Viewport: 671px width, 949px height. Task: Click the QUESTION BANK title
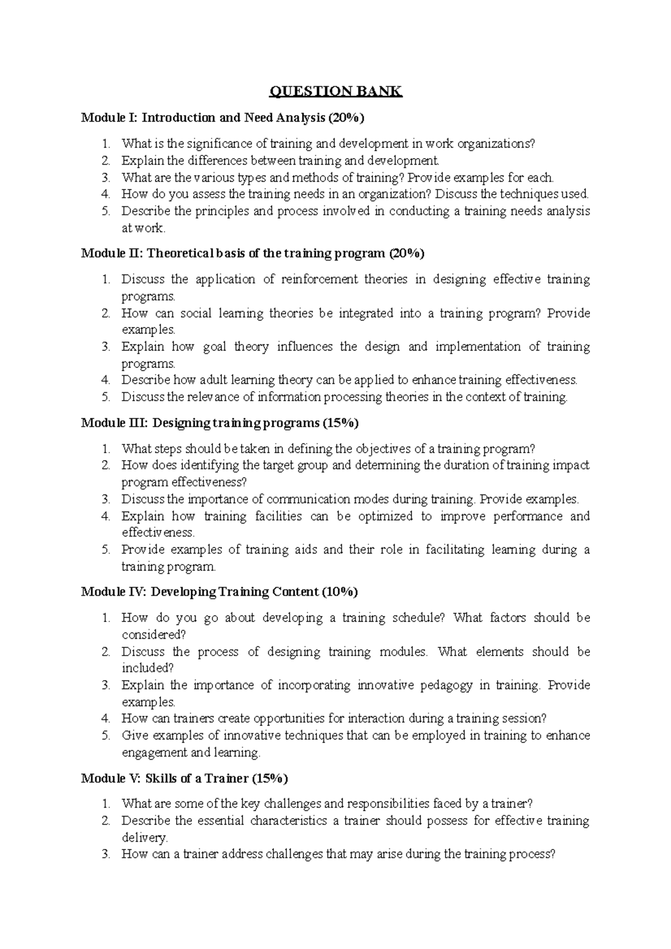pos(335,92)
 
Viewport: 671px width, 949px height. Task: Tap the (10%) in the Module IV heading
pos(339,592)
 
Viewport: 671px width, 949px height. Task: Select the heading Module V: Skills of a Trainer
pos(185,778)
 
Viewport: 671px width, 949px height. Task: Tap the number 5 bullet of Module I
pos(107,211)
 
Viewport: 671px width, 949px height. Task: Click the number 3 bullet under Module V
pos(107,855)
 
